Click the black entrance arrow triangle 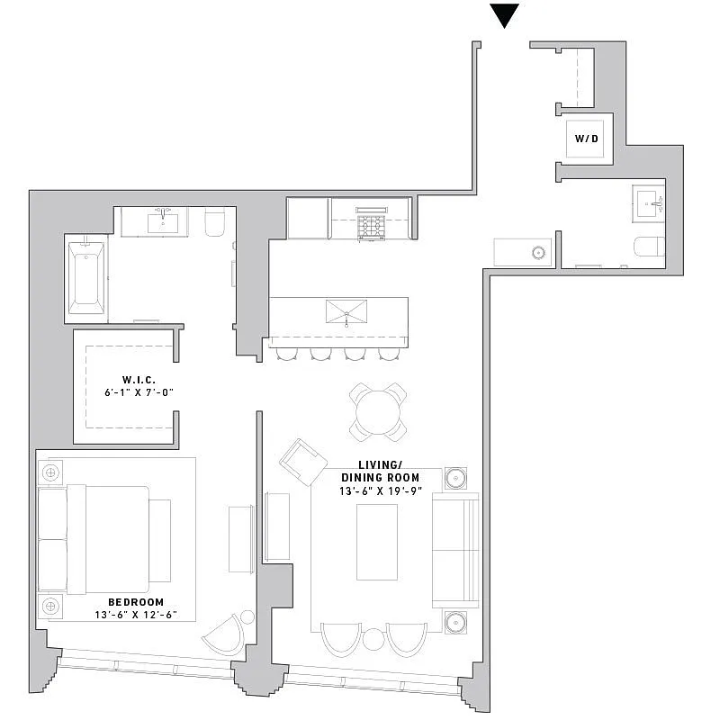(506, 15)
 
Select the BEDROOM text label (136, 602)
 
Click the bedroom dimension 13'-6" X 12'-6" (136, 616)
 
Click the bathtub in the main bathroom (86, 274)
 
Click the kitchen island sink (347, 312)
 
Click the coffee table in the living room (377, 542)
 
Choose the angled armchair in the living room (303, 462)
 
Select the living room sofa (455, 549)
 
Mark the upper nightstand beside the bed (50, 472)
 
